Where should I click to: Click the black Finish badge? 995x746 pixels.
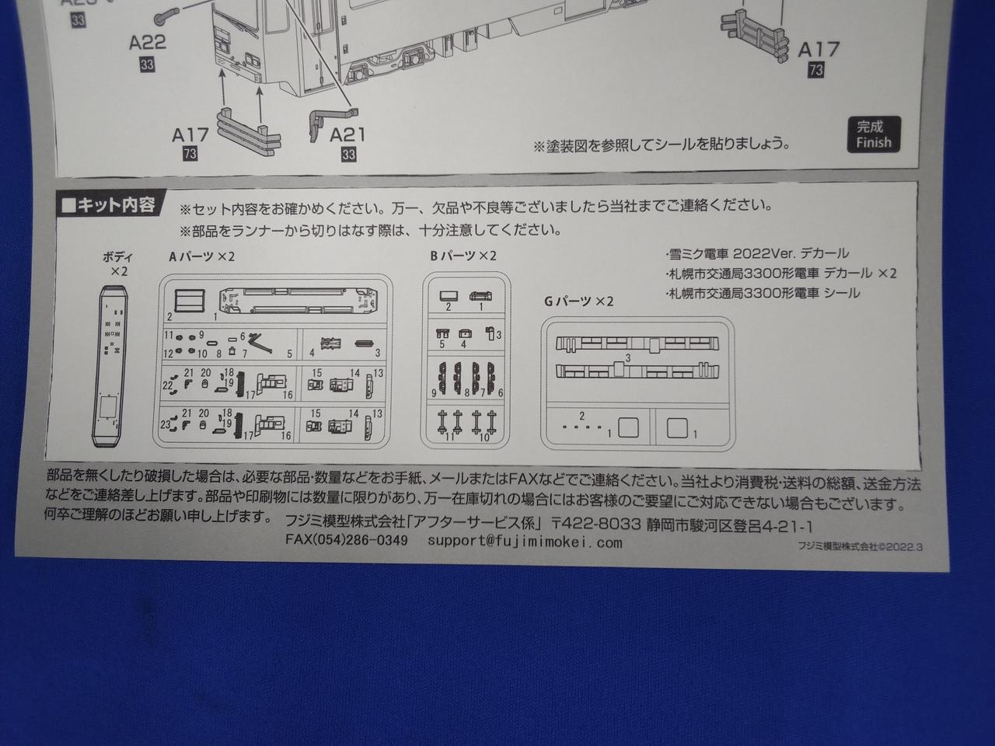click(874, 134)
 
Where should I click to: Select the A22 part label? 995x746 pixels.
click(148, 43)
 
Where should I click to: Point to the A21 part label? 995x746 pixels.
click(347, 135)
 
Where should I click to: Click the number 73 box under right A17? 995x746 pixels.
click(815, 70)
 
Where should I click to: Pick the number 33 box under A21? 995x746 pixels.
click(348, 155)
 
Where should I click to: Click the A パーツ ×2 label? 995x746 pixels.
click(201, 256)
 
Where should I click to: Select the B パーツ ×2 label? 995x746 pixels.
click(463, 256)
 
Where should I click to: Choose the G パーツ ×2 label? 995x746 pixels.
click(579, 302)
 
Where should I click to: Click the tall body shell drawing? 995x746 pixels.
click(111, 366)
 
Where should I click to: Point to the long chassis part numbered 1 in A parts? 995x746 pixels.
click(298, 302)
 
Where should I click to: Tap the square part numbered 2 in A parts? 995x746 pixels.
click(190, 301)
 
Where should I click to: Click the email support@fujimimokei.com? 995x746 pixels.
click(525, 542)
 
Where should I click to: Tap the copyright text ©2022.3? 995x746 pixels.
click(899, 547)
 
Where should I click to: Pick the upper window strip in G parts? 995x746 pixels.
click(637, 345)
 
